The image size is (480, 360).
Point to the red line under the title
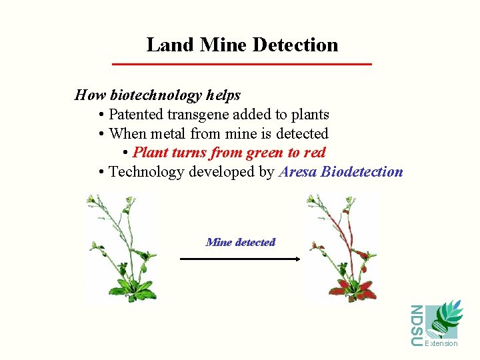click(x=241, y=64)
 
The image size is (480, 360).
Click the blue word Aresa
click(x=298, y=172)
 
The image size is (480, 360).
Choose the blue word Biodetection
click(x=362, y=172)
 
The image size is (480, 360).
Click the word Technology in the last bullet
click(x=147, y=172)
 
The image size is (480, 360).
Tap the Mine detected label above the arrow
click(x=241, y=242)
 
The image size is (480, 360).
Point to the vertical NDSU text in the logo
click(x=417, y=325)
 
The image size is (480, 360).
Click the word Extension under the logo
click(x=441, y=344)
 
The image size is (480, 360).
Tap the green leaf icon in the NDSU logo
click(x=443, y=320)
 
